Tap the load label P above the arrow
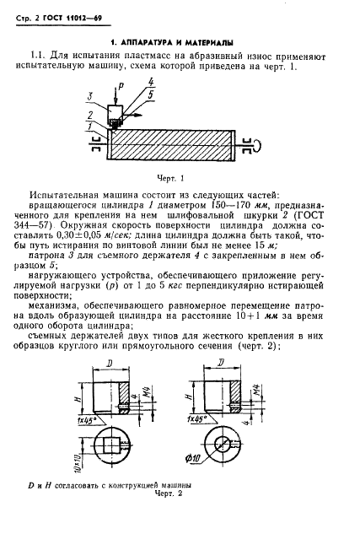pyautogui.click(x=120, y=87)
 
